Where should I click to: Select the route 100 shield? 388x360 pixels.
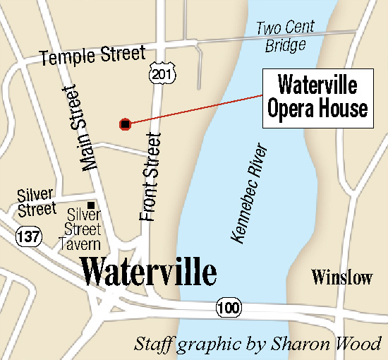tap(228, 308)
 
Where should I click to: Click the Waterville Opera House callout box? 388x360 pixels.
tap(317, 98)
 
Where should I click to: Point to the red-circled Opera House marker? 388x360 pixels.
tap(125, 124)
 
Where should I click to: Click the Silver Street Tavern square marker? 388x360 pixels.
tap(91, 205)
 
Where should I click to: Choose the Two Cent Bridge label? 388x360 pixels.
tap(286, 37)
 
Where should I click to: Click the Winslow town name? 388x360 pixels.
tap(342, 277)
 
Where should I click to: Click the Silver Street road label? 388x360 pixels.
tap(37, 201)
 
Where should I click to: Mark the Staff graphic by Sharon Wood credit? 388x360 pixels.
tap(257, 344)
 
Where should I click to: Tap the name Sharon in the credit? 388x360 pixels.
tap(319, 344)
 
